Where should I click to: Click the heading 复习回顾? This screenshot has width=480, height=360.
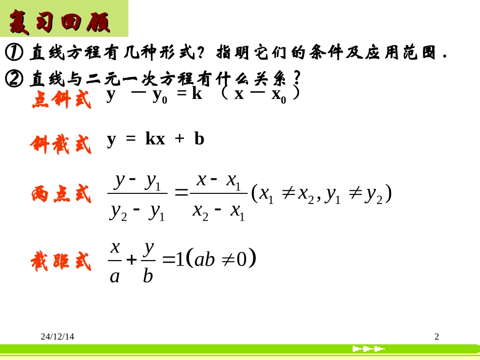point(60,21)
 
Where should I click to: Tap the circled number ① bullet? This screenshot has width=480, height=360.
point(13,52)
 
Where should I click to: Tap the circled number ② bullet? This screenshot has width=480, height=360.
point(13,78)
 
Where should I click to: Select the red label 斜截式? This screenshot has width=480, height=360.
point(61,144)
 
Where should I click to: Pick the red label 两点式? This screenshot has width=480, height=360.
point(61,194)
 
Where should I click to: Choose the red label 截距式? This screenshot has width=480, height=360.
point(61,262)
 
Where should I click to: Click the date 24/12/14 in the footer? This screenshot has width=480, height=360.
point(58,336)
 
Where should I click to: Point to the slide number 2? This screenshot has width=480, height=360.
point(437,336)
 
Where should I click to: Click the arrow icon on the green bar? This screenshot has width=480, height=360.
point(368,349)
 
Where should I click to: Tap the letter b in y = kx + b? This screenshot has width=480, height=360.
point(199,139)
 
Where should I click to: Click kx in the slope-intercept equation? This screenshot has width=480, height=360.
point(155,139)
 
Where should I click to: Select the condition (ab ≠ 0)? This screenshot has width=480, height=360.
point(221,259)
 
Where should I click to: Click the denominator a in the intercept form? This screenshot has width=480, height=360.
point(115,276)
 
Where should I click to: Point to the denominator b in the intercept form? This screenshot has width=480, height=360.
point(148,276)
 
